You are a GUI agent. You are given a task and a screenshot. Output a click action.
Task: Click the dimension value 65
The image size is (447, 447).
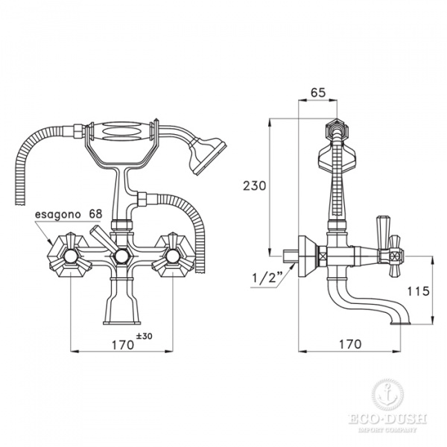pyautogui.click(x=317, y=94)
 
